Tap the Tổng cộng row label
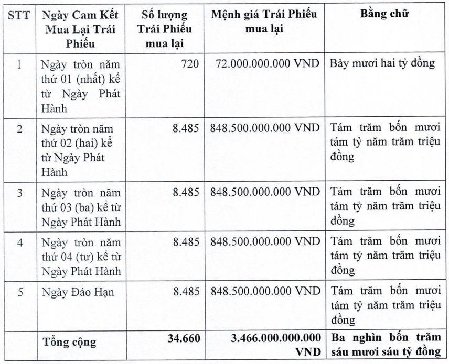70,343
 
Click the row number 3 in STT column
19,192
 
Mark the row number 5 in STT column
19,292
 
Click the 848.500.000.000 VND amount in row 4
265,242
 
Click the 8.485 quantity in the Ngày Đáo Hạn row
187,292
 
